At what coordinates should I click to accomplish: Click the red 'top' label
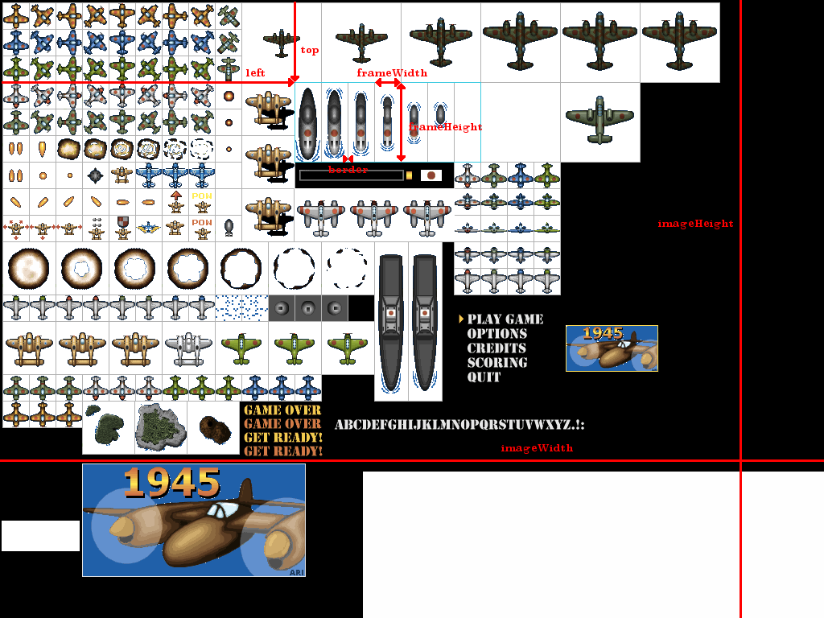tap(310, 50)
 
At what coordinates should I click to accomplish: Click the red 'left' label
tap(255, 72)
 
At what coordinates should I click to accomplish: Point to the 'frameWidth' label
tap(392, 73)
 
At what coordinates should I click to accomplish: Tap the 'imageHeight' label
tap(695, 224)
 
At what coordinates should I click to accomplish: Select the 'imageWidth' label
tap(537, 448)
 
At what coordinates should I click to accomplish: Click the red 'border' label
tap(348, 170)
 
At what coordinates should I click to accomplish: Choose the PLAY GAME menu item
tap(505, 319)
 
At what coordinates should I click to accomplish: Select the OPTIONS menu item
tap(496, 334)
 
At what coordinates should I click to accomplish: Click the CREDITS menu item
tap(496, 348)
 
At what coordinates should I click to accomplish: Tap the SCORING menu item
tap(496, 363)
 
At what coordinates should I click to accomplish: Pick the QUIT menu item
tap(484, 377)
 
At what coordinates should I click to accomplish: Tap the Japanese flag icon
tap(431, 175)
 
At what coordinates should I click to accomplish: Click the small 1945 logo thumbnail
tap(612, 348)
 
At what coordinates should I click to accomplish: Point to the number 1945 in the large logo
tap(171, 482)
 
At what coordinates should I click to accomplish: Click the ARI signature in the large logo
tap(295, 572)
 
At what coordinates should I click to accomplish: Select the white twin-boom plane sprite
tap(188, 348)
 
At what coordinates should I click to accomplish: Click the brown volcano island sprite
tap(213, 426)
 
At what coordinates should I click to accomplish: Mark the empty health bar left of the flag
tap(351, 175)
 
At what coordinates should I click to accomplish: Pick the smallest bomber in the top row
tap(282, 41)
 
